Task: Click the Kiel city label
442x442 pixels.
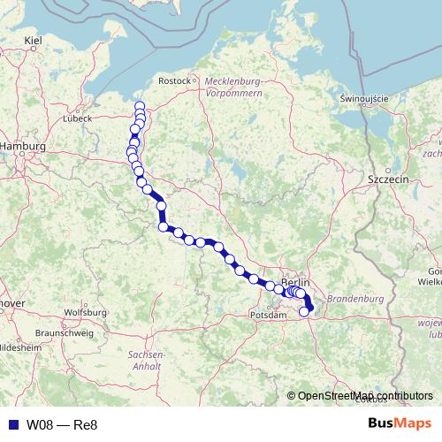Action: pyautogui.click(x=34, y=40)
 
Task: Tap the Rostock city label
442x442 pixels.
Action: pyautogui.click(x=174, y=80)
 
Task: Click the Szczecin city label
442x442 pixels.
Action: pyautogui.click(x=387, y=178)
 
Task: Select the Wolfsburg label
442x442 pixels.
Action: pyautogui.click(x=86, y=313)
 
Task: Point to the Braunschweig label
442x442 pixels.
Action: pyautogui.click(x=60, y=332)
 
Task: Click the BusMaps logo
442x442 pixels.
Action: pyautogui.click(x=400, y=424)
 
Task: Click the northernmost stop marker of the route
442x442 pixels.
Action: pyautogui.click(x=140, y=107)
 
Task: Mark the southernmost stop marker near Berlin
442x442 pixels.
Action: pyautogui.click(x=305, y=310)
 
